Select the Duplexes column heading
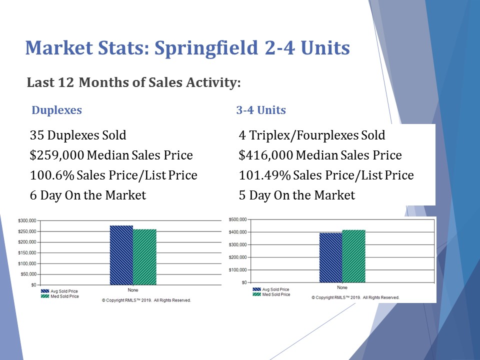point(56,110)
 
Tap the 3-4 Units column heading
point(261,110)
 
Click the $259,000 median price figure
point(56,155)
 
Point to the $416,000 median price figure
point(265,155)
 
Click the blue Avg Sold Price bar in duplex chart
point(121,255)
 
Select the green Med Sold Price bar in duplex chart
point(144,257)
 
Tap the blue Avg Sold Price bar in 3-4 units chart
point(331,257)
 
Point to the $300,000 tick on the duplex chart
point(27,220)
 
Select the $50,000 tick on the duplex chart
point(28,274)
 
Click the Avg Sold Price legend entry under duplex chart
point(64,291)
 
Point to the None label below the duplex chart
point(133,290)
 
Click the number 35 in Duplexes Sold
point(36,135)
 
